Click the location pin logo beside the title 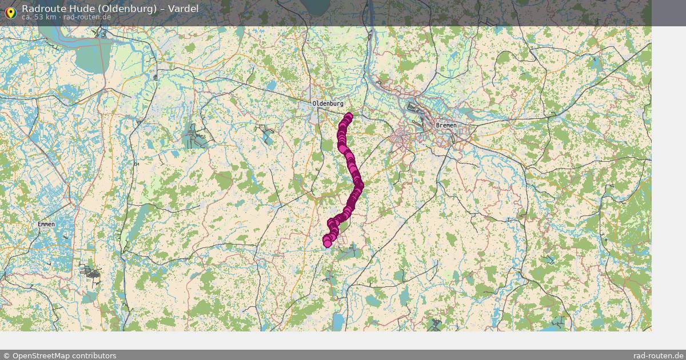point(10,12)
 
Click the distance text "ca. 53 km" point(39,17)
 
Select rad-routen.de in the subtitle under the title point(87,17)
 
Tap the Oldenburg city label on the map point(328,103)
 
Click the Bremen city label point(446,125)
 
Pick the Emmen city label point(46,224)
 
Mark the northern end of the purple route point(348,117)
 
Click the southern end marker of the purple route point(327,243)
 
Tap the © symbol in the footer point(6,355)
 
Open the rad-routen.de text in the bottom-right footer point(659,355)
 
